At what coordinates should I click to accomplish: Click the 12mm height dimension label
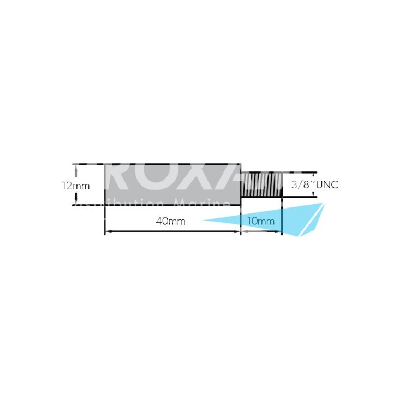pos(75,185)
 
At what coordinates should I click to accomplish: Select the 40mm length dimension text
pos(170,221)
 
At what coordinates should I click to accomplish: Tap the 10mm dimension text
pos(261,221)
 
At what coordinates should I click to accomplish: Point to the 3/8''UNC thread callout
pos(314,185)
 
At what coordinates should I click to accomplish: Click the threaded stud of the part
pos(261,185)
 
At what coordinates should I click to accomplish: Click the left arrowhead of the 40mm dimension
pos(108,232)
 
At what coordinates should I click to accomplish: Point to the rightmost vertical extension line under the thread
pos(282,218)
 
